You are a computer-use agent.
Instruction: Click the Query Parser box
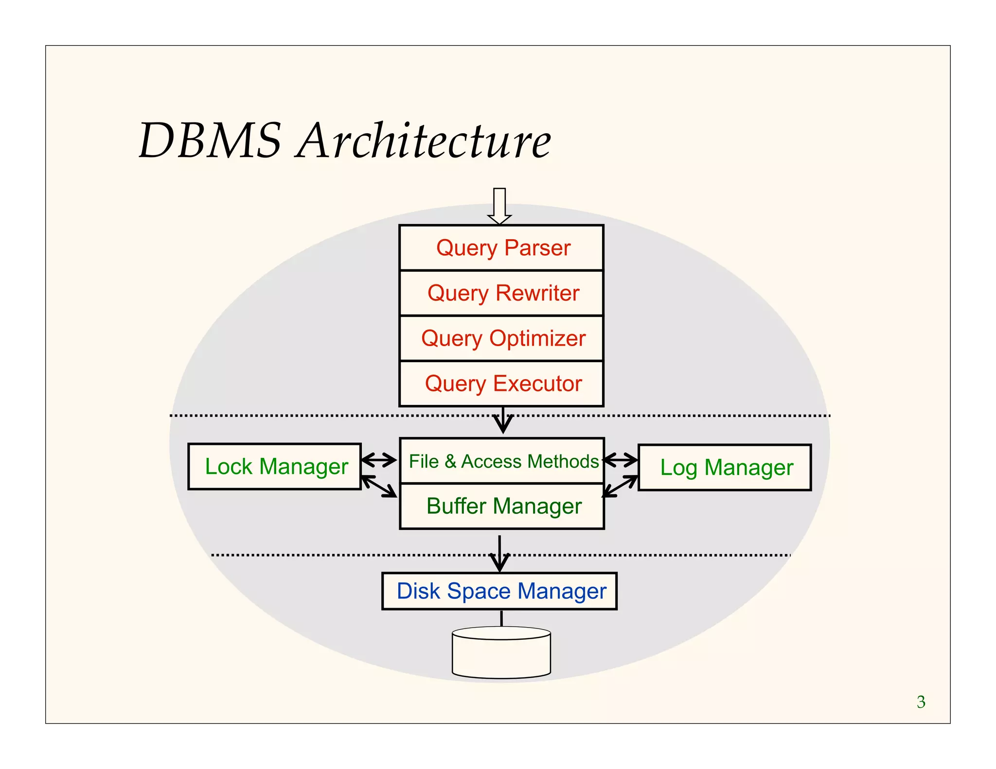[x=501, y=248]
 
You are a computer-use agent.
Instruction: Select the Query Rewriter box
[x=501, y=293]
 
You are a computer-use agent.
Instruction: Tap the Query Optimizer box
[x=501, y=338]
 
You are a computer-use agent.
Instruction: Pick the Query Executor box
[x=501, y=384]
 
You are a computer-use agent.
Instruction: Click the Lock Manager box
[x=275, y=467]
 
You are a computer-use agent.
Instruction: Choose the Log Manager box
[x=725, y=468]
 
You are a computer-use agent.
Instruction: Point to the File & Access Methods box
[x=501, y=461]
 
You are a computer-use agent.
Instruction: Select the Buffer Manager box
[x=501, y=506]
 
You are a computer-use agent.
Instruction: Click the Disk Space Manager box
[x=499, y=591]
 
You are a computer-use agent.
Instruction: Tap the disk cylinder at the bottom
[x=501, y=654]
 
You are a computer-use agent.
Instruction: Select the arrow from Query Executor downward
[x=503, y=420]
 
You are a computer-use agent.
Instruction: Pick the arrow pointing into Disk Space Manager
[x=499, y=554]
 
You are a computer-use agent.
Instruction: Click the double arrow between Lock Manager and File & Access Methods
[x=379, y=459]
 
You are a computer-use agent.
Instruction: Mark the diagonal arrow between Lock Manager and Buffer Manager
[x=379, y=486]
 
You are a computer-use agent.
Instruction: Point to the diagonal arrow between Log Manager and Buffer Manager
[x=621, y=486]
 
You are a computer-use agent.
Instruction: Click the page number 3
[x=921, y=702]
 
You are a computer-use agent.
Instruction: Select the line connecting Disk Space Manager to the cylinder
[x=501, y=618]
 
